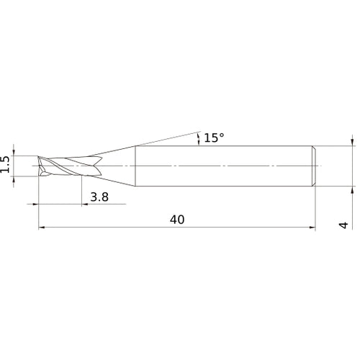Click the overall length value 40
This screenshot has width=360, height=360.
[x=177, y=220]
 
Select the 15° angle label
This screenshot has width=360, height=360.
[x=213, y=138]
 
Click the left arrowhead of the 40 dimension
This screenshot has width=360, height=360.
[x=40, y=228]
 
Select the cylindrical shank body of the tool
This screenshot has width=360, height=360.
[x=223, y=167]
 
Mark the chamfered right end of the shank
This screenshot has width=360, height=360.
[x=314, y=167]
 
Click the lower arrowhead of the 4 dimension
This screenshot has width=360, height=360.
[x=352, y=192]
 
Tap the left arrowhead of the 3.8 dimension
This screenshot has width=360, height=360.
[x=35, y=204]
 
